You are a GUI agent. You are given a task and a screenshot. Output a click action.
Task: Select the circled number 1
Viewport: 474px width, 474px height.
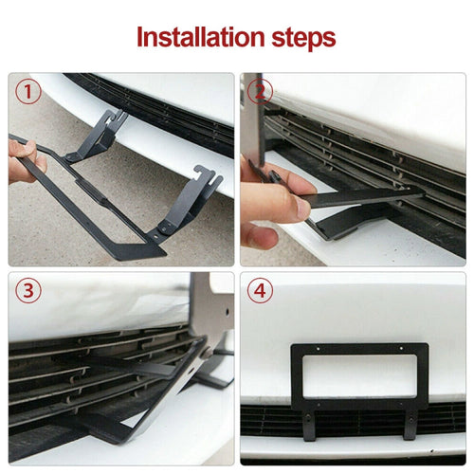27,93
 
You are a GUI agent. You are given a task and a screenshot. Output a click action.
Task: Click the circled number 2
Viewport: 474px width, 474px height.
260,93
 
